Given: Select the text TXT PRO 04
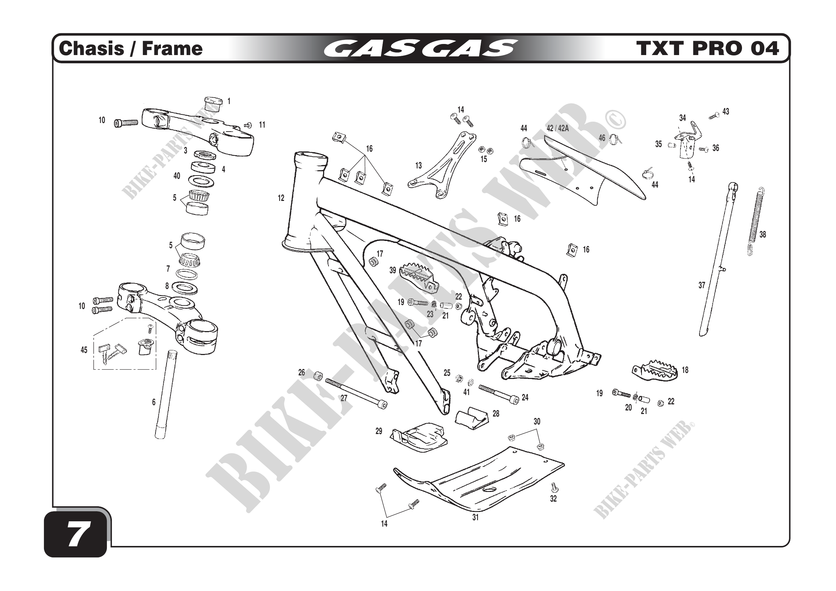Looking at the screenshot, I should coord(707,49).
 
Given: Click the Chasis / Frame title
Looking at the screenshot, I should coord(130,49).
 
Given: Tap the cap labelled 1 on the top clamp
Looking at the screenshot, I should coord(212,103).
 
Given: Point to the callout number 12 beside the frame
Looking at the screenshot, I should coord(281,198).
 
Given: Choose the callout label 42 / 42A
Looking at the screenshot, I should coord(558,129).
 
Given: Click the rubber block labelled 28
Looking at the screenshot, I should coord(472,418).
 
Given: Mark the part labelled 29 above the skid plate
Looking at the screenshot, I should coord(419,437).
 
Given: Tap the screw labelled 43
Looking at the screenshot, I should coord(714,116).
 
